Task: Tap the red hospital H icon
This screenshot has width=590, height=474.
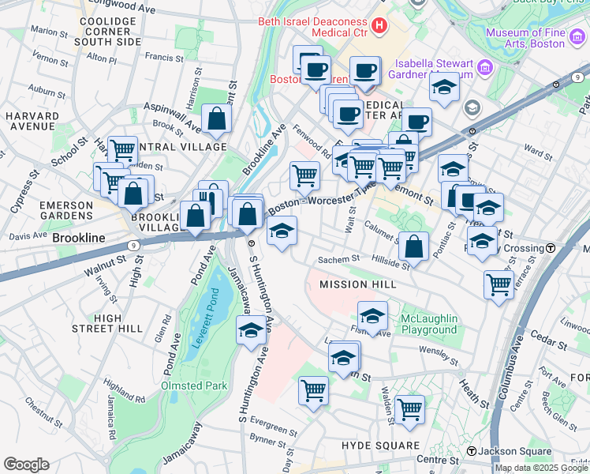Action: (380, 27)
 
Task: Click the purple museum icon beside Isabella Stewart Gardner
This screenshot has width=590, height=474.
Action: (484, 66)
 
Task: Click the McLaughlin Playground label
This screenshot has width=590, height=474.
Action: (428, 324)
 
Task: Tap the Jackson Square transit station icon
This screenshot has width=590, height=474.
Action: (472, 451)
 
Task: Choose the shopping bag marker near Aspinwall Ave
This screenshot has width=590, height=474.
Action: (216, 120)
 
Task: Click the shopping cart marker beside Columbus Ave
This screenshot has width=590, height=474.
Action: (499, 284)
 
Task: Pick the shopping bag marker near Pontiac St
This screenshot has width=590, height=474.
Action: (413, 246)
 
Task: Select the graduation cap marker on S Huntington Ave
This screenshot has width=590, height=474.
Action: (251, 329)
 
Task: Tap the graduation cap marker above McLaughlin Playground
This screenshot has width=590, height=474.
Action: (372, 316)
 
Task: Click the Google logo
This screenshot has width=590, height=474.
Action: (26, 465)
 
